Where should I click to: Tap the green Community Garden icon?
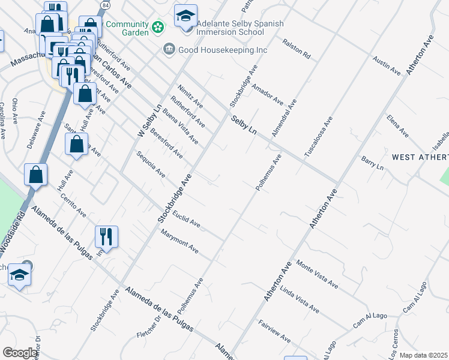157,27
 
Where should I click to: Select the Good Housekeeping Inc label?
222,50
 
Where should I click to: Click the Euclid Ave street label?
185,218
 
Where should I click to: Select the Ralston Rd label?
298,51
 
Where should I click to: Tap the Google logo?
20,353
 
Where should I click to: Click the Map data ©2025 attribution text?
424,355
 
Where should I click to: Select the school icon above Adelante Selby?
186,15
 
